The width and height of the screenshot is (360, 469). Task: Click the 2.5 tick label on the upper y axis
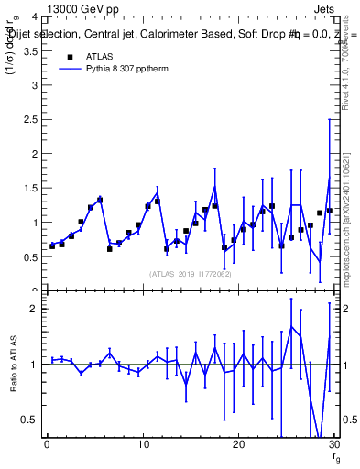point(32,120)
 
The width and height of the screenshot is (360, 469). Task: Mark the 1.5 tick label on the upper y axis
point(32,189)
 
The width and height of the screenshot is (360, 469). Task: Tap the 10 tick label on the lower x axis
point(142,444)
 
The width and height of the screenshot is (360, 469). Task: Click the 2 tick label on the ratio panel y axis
point(37,309)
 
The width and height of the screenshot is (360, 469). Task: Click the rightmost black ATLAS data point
point(330,211)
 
